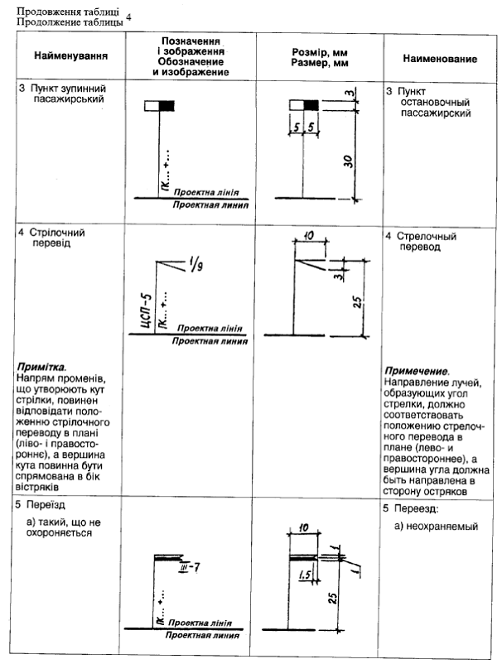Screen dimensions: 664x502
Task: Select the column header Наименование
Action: [439, 60]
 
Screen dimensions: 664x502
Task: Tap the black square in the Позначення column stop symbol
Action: [168, 105]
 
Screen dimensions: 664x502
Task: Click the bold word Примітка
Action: [41, 365]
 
